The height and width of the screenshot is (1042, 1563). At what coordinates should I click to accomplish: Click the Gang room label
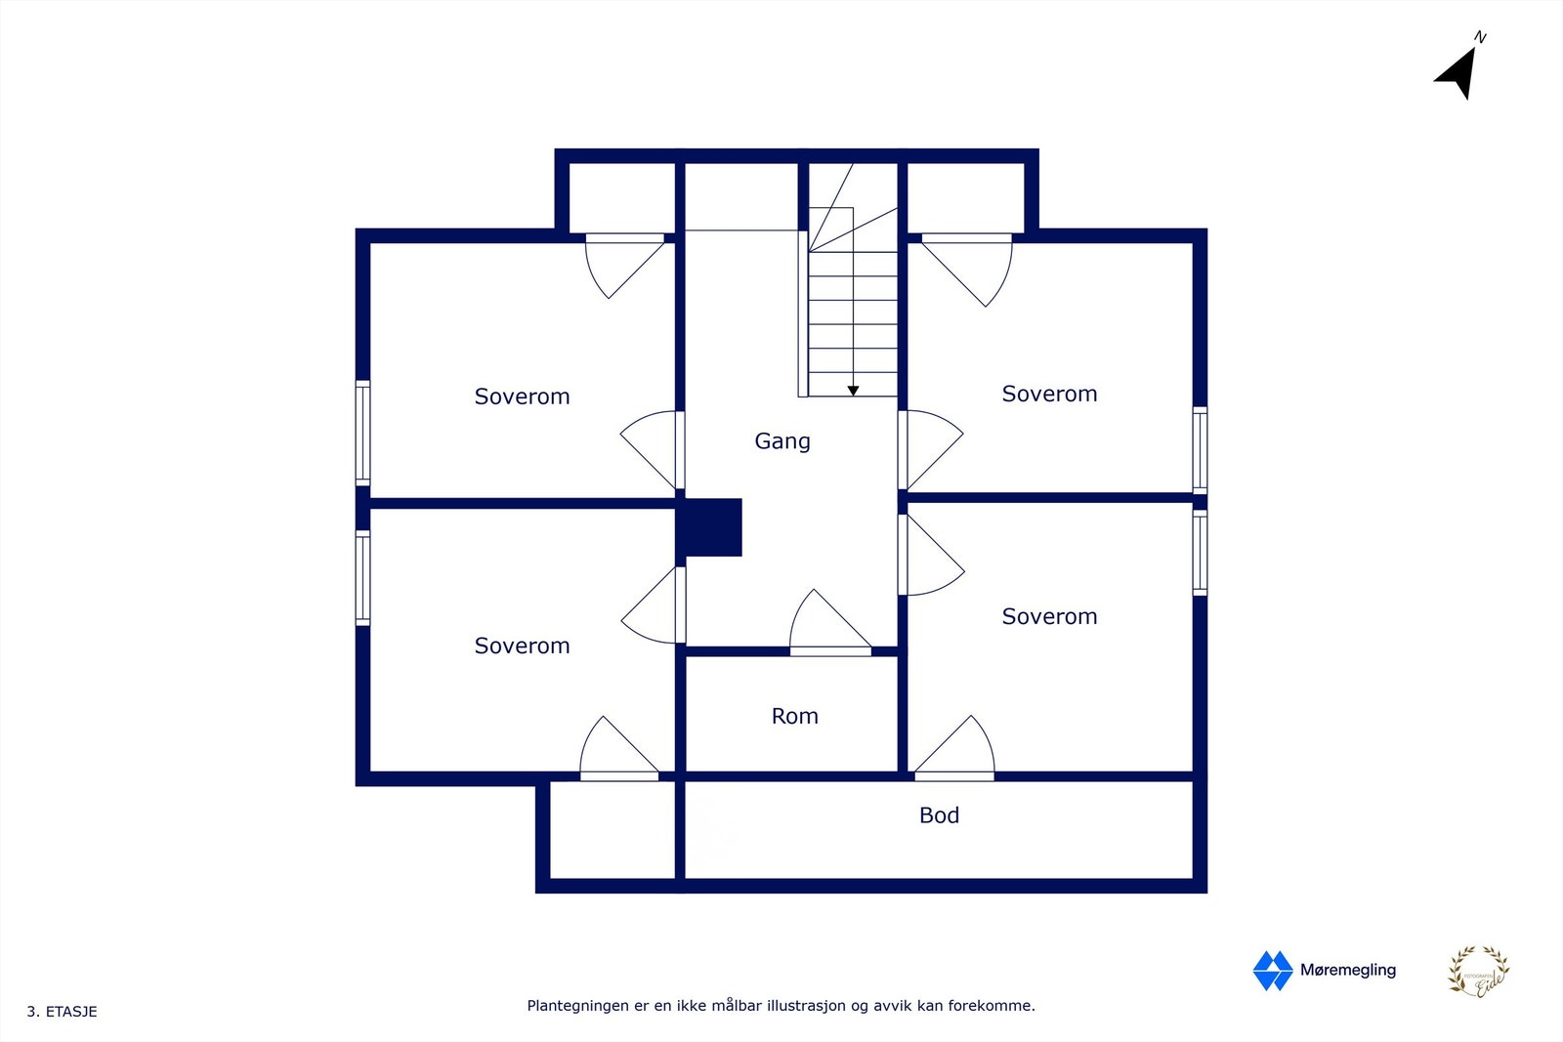pos(781,441)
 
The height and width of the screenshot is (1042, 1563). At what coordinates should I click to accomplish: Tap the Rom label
pos(794,717)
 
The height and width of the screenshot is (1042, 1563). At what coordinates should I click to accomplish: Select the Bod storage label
pos(939,815)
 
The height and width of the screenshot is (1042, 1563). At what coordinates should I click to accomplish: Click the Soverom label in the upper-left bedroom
pos(522,396)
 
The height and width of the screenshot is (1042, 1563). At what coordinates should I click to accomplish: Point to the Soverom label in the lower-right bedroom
pos(1049,616)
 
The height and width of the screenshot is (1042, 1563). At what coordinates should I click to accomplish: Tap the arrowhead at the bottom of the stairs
pos(853,391)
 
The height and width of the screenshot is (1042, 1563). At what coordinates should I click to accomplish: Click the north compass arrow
pos(1458,70)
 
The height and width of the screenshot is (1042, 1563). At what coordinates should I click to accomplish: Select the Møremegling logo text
pos(1347,970)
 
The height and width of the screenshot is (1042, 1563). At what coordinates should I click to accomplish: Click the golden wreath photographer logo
pos(1478,972)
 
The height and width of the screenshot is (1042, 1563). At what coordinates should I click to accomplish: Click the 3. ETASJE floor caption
pos(62,1012)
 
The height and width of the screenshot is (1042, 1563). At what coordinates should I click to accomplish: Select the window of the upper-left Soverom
pos(362,433)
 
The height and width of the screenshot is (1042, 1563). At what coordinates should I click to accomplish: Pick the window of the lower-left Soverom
pos(362,577)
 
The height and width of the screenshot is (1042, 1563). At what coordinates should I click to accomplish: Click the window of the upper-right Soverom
pos(1200,449)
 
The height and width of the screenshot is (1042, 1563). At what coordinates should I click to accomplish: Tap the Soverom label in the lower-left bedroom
pos(522,646)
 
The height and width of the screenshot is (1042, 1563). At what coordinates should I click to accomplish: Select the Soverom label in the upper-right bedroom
pos(1049,394)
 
